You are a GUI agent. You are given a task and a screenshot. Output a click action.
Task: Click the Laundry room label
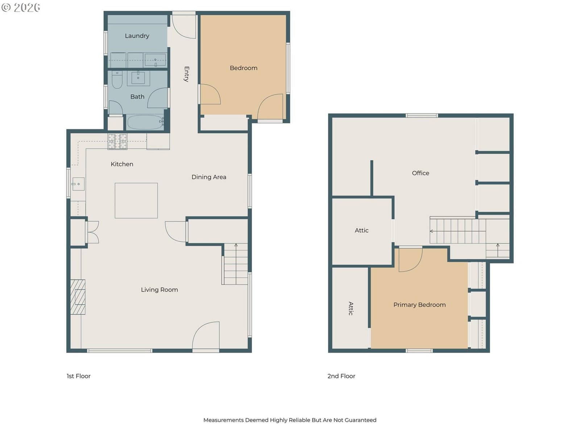tap(137, 36)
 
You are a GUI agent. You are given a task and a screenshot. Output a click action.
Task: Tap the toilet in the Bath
tap(117, 79)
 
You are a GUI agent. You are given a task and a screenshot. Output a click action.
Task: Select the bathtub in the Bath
tap(145, 122)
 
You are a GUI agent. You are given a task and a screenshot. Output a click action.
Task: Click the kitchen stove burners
tap(117, 142)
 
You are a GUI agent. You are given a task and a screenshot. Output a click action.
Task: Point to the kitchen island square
tap(136, 200)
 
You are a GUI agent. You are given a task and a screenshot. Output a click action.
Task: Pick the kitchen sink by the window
tap(78, 184)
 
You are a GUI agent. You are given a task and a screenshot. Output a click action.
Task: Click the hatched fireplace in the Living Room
tap(78, 297)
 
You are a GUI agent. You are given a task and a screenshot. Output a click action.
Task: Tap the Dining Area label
tap(209, 177)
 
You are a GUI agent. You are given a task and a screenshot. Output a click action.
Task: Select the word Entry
tap(187, 74)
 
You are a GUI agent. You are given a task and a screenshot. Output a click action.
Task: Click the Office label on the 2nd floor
tap(420, 173)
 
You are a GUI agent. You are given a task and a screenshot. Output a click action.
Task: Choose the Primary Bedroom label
tap(419, 305)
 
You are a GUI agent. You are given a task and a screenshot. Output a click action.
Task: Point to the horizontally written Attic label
tap(361, 230)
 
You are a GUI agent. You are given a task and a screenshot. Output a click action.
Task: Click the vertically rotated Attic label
tap(351, 308)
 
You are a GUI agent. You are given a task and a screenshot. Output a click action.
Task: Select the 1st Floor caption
tap(78, 376)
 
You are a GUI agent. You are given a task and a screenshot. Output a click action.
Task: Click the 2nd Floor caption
tap(341, 376)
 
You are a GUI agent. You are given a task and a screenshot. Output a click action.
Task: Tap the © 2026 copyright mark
tap(21, 7)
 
